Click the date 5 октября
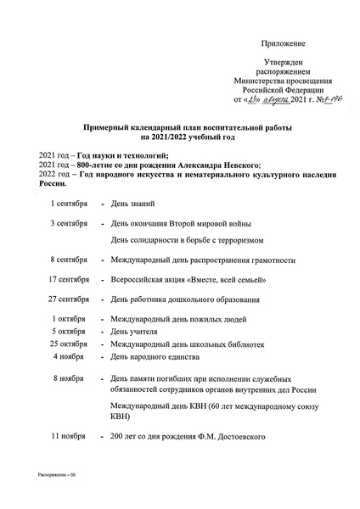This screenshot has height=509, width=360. pos(68,330)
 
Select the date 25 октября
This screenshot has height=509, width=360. pos(68,344)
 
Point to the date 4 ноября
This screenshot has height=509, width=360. pos(68,356)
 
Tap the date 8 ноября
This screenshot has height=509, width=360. pos(68,378)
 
